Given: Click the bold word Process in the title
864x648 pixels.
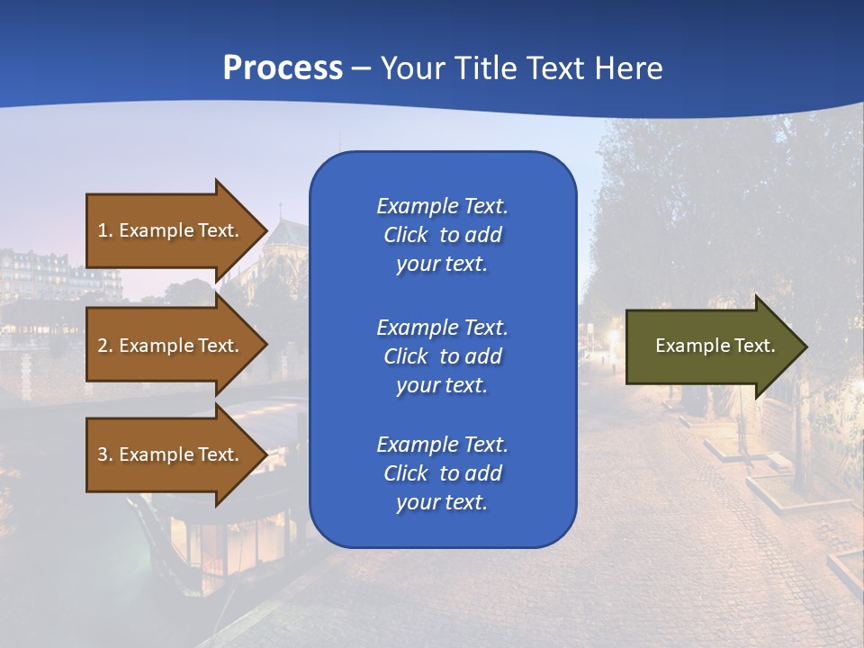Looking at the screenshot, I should tap(283, 68).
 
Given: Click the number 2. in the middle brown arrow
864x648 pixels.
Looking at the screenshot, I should tap(105, 346).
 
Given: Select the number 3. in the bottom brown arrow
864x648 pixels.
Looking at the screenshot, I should tap(105, 454).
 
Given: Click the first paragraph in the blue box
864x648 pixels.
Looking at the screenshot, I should tap(442, 235).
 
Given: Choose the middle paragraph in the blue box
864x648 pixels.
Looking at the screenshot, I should tap(442, 356).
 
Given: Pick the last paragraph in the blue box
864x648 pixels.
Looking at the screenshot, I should tap(442, 473).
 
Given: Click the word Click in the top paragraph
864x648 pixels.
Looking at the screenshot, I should tap(405, 235).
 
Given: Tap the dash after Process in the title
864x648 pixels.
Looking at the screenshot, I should tap(361, 69).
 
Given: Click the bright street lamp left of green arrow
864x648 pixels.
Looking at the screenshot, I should tap(615, 337).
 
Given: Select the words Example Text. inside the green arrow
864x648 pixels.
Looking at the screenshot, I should tap(715, 346).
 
